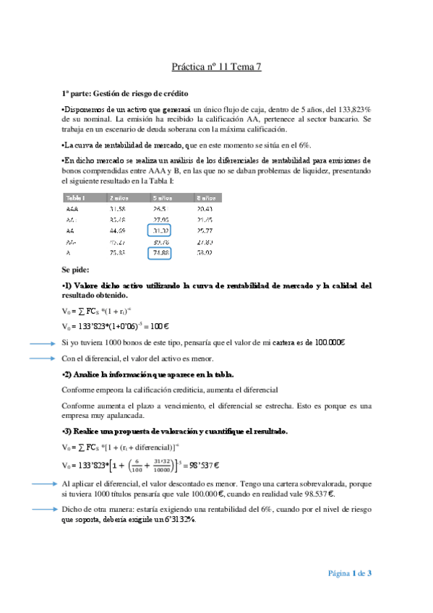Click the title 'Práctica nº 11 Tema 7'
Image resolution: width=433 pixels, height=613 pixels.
pyautogui.click(x=216, y=67)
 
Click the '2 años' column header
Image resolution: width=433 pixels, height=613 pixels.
pyautogui.click(x=119, y=197)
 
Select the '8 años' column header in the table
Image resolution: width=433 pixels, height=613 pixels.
pyautogui.click(x=206, y=197)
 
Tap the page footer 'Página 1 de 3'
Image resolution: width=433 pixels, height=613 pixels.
pyautogui.click(x=350, y=573)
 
